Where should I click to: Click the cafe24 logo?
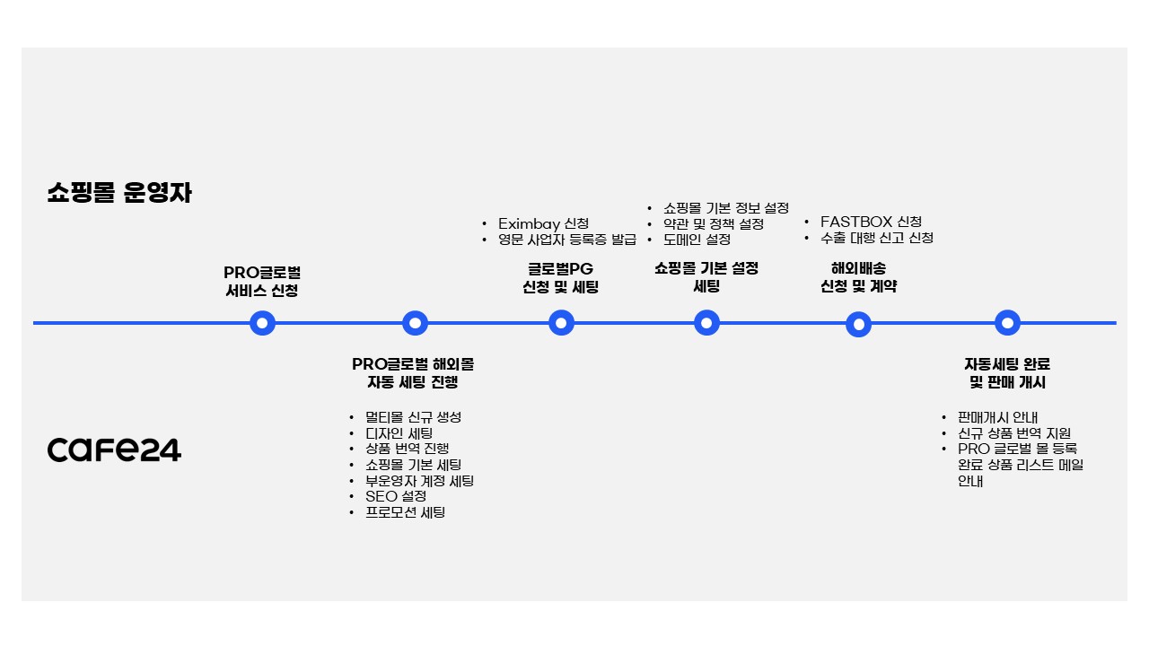coord(114,450)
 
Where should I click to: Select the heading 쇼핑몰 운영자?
coord(119,193)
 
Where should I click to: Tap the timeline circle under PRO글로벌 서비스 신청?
coord(262,323)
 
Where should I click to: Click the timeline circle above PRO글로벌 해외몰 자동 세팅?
coord(415,323)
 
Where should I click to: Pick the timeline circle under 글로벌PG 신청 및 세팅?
coord(561,323)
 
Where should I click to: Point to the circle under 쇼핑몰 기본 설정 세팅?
coord(706,323)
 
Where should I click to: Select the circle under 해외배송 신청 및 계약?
coord(858,324)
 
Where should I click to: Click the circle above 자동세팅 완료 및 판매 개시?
coord(1007,323)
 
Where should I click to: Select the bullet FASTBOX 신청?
coord(870,222)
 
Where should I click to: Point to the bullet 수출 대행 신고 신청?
coord(876,238)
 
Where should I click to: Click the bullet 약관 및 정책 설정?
coord(714,223)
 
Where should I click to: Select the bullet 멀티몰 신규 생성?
coord(413,417)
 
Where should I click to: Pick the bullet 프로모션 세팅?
coord(405,512)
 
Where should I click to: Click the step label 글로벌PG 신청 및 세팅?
coord(560,278)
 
